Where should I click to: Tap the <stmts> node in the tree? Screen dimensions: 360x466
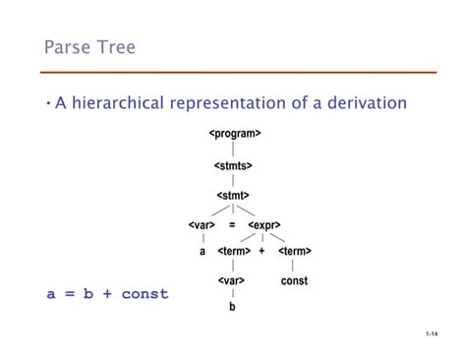pyautogui.click(x=234, y=166)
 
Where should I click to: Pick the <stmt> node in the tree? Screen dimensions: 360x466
pyautogui.click(x=233, y=196)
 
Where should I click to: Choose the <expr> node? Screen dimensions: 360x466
pyautogui.click(x=265, y=224)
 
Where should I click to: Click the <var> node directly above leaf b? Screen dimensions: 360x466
pyautogui.click(x=232, y=281)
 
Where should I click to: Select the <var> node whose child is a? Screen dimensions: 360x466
pyautogui.click(x=202, y=224)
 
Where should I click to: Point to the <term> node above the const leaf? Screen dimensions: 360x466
pyautogui.click(x=294, y=252)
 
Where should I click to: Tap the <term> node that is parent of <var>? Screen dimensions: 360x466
pyautogui.click(x=234, y=252)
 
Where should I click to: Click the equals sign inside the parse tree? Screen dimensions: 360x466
pyautogui.click(x=233, y=224)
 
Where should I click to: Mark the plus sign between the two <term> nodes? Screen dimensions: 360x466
pyautogui.click(x=262, y=252)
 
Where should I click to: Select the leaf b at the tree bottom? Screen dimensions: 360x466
pyautogui.click(x=233, y=308)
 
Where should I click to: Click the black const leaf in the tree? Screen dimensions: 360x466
pyautogui.click(x=294, y=281)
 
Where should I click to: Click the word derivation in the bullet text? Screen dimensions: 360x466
pyautogui.click(x=361, y=103)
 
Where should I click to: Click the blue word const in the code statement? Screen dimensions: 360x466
pyautogui.click(x=146, y=294)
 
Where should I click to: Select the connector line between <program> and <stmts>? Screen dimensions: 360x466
pyautogui.click(x=234, y=150)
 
